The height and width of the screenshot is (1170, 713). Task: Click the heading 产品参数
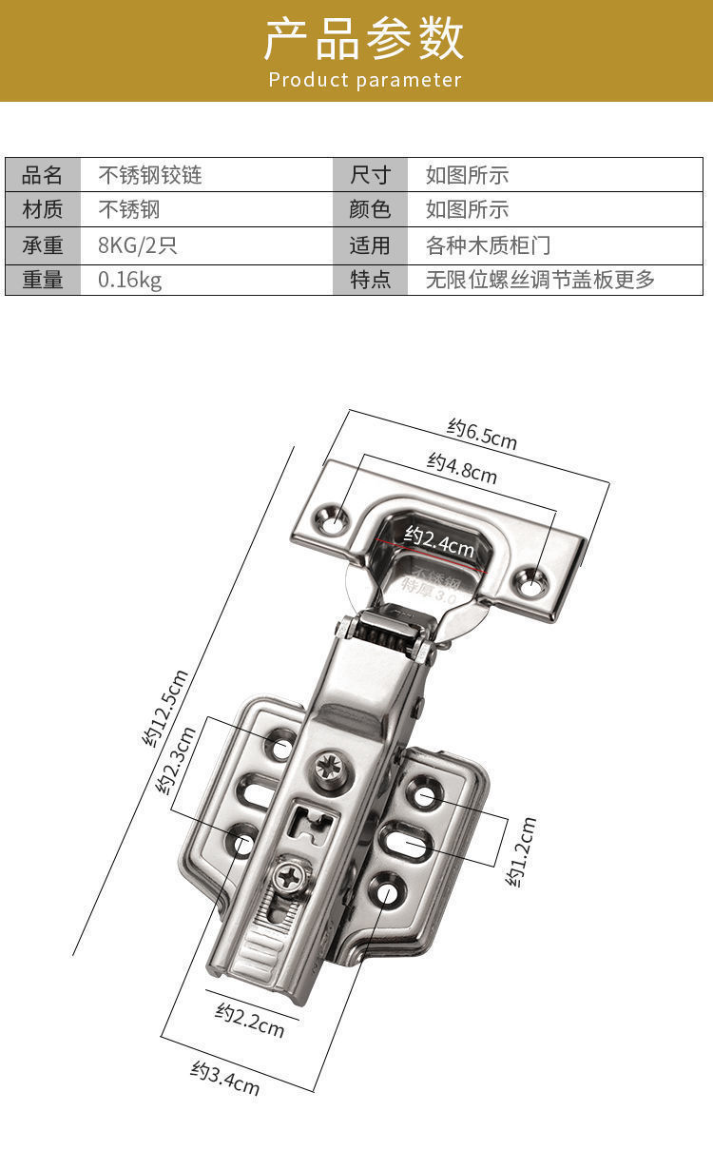[x=364, y=38]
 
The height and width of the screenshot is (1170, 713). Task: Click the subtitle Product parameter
[x=364, y=80]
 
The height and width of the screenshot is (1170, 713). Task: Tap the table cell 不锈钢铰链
[x=150, y=175]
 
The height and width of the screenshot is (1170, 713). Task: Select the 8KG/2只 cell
[x=138, y=245]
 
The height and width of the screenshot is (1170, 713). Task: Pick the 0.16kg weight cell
[x=130, y=280]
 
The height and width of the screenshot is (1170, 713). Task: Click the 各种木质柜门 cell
[x=488, y=245]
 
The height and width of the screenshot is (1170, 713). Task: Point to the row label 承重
[x=43, y=245]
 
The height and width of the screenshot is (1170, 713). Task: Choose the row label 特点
[x=370, y=280]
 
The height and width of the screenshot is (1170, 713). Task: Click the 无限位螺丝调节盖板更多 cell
[x=540, y=280]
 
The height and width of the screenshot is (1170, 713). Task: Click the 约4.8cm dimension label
[x=462, y=467]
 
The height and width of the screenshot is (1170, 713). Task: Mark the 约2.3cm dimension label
[x=177, y=761]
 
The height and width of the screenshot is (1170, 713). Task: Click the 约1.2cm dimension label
[x=522, y=851]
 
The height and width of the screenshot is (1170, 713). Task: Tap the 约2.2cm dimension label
[x=249, y=1021]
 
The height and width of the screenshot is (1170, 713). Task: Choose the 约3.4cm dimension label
[x=225, y=1077]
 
